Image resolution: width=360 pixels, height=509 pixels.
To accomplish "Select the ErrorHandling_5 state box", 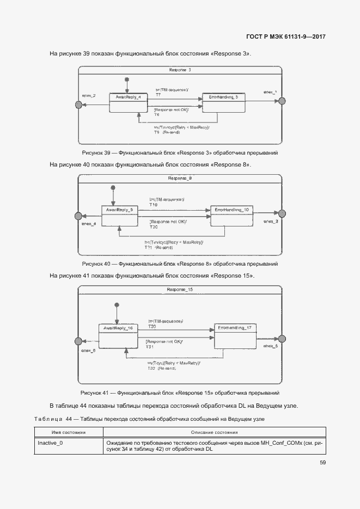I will click(x=223, y=102).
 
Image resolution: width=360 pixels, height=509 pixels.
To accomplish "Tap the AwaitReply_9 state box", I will click(x=119, y=216).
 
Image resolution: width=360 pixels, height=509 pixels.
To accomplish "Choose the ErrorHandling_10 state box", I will click(x=232, y=216).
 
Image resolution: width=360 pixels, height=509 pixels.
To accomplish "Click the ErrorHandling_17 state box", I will click(x=235, y=336).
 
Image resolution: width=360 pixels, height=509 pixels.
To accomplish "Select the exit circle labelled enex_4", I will click(x=78, y=216).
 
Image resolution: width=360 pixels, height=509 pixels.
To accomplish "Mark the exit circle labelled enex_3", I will click(x=282, y=214).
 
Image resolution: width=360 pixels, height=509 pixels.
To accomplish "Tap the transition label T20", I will click(x=154, y=227).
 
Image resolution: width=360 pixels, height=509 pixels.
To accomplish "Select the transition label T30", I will click(x=152, y=327).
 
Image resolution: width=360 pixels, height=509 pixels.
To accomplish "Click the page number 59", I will click(x=322, y=463).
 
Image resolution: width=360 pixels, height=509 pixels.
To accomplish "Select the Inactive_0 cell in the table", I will click(x=50, y=443).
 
